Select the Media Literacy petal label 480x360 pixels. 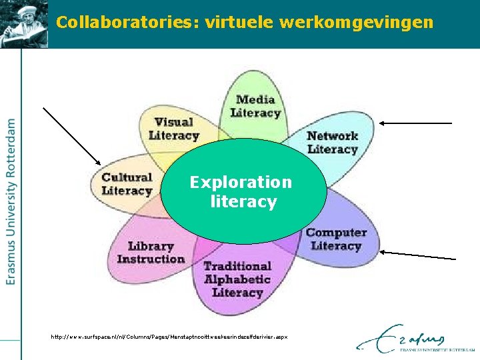coord(255,107)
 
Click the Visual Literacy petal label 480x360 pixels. coord(174,129)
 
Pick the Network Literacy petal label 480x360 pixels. coord(332,142)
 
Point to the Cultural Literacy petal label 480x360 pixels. coord(127,184)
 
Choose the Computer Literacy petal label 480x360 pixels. coord(336,239)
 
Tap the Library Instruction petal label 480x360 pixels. coord(151,253)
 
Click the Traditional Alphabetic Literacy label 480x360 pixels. coord(237,279)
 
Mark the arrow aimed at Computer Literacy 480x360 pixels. coord(418,255)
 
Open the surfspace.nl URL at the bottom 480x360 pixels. coord(169,337)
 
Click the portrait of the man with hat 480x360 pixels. coord(24,23)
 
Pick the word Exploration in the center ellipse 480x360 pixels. coord(241,182)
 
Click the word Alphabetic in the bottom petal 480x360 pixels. coord(237,279)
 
